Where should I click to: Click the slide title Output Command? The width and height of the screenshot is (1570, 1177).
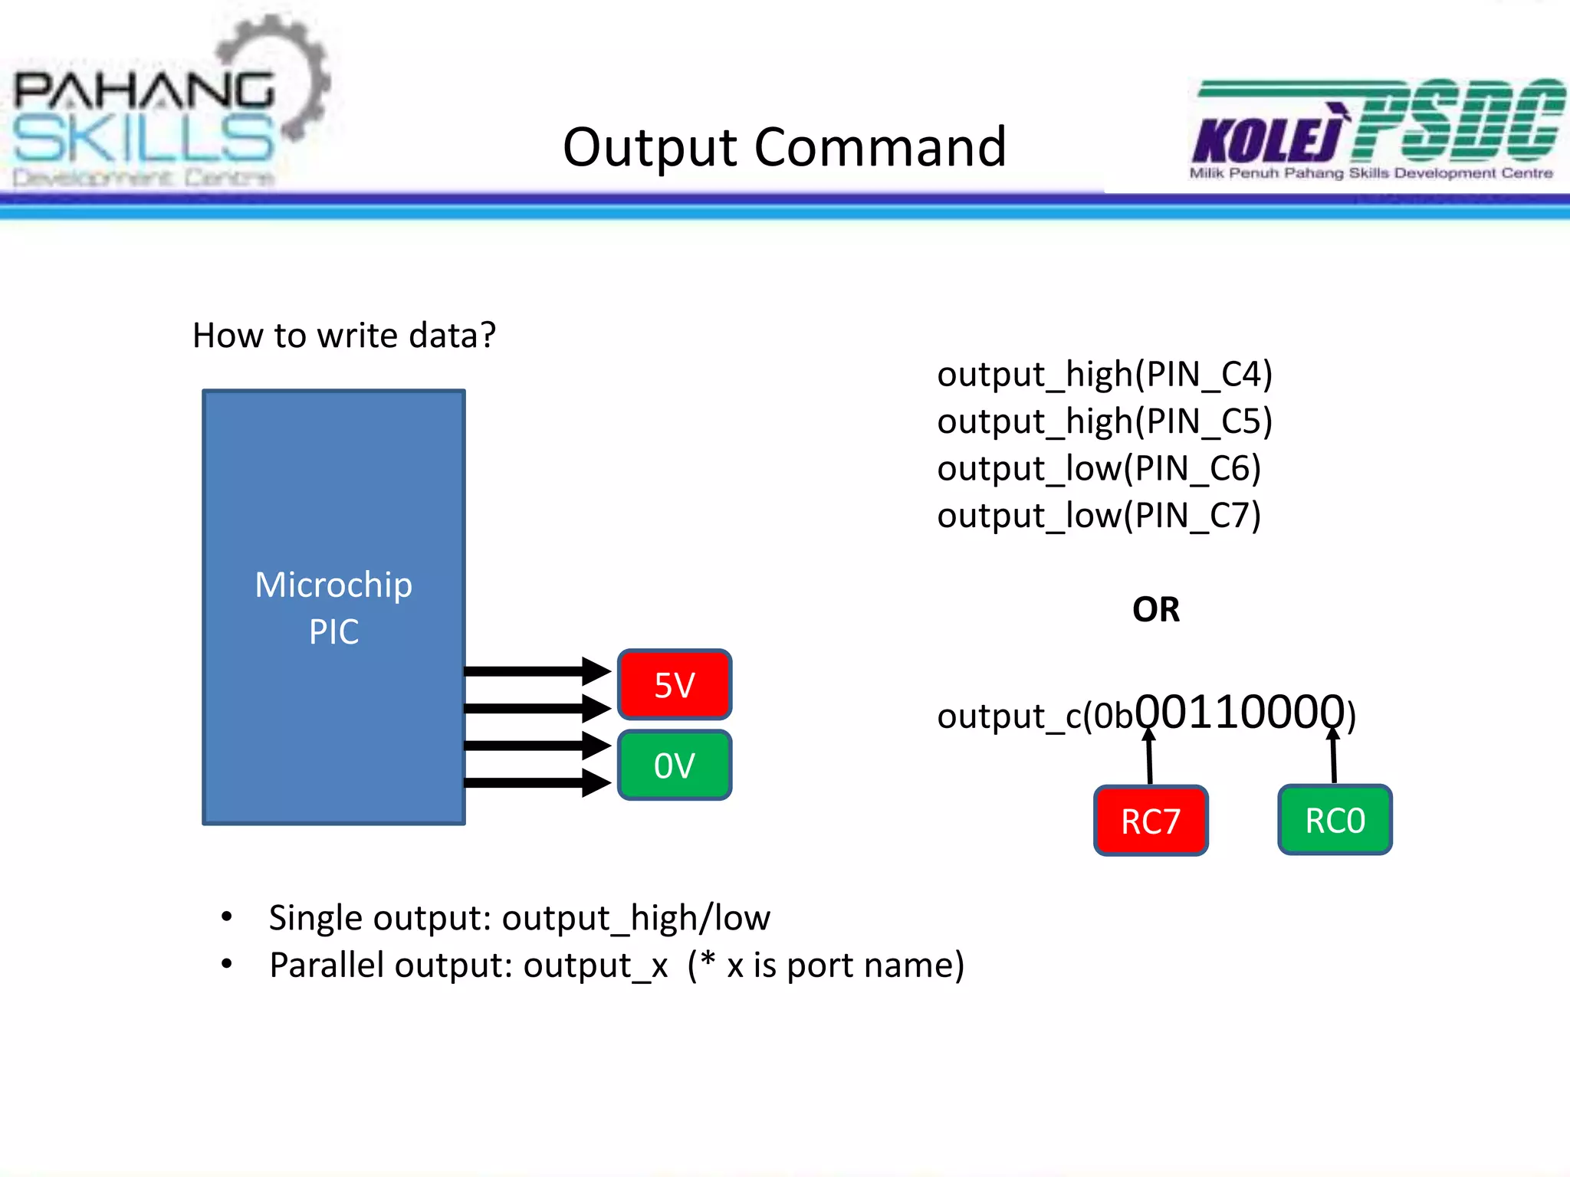[783, 147]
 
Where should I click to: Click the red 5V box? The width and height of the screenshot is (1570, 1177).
[674, 684]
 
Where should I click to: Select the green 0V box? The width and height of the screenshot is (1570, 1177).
[674, 765]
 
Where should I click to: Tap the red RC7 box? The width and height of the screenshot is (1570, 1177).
[1150, 821]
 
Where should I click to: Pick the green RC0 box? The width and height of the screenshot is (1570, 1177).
[1335, 820]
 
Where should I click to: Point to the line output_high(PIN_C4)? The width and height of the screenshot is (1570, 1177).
[1104, 374]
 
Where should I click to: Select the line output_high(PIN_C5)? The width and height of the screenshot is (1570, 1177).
[1104, 421]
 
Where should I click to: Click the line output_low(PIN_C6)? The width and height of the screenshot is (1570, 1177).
[1098, 468]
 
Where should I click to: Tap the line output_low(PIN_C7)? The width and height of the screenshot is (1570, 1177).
[1098, 516]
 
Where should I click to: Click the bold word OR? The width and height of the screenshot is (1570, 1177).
[1155, 610]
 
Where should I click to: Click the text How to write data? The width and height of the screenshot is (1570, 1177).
[344, 336]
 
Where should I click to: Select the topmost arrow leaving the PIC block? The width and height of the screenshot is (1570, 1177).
[537, 671]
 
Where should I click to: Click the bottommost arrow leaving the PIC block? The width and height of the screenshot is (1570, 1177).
[537, 782]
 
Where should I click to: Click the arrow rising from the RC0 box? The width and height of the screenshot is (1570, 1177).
[1334, 757]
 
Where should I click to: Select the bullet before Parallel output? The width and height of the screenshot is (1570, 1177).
[226, 964]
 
